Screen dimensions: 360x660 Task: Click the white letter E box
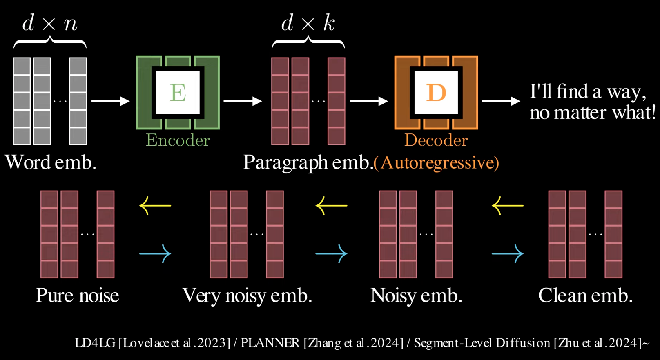(x=178, y=93)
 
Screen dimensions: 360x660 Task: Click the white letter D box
(x=436, y=93)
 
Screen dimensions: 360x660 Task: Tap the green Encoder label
(x=178, y=140)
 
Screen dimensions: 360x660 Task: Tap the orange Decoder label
(x=436, y=140)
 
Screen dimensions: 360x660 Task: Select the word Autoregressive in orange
(x=436, y=163)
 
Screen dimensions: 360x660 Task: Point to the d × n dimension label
(x=50, y=24)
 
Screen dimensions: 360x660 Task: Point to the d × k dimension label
(x=308, y=24)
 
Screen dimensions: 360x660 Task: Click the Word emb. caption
(x=51, y=162)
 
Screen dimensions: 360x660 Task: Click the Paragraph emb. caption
(x=307, y=162)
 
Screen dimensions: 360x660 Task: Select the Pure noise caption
(x=77, y=296)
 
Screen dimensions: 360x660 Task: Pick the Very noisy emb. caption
(x=247, y=296)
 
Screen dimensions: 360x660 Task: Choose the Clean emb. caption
(x=585, y=296)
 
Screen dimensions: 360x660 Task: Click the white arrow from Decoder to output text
(x=501, y=101)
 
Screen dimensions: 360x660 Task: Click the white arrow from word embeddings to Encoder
(x=110, y=101)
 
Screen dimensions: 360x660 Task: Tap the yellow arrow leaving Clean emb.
(x=508, y=205)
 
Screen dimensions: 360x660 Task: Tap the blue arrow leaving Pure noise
(x=155, y=253)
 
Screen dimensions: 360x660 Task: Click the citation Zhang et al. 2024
(x=353, y=343)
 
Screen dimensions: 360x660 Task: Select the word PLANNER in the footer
(x=270, y=343)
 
